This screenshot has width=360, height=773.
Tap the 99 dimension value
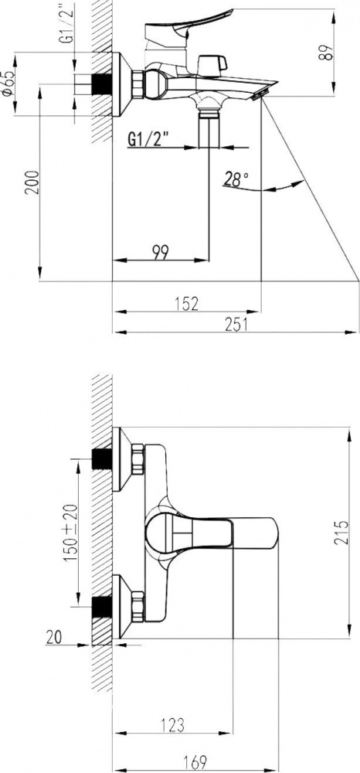click(x=161, y=253)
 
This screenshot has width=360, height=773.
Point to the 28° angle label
click(x=236, y=180)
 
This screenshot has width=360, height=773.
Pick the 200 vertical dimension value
click(x=32, y=182)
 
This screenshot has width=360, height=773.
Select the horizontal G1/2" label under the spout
click(x=148, y=139)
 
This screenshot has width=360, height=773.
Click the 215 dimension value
click(x=341, y=532)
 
